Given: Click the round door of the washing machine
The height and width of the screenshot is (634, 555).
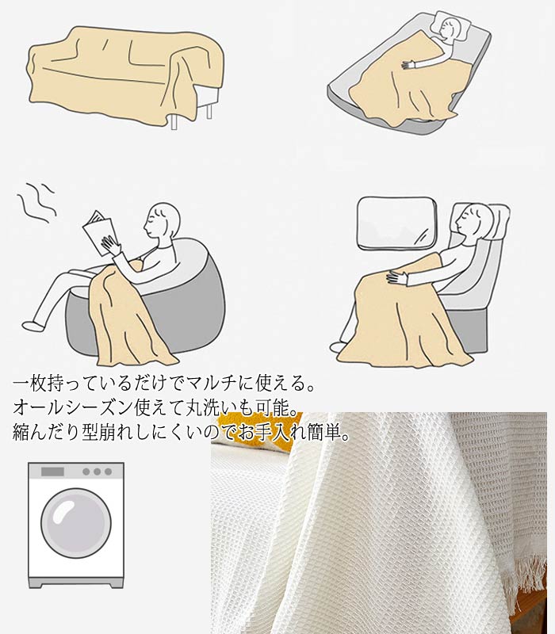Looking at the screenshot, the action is point(75,523).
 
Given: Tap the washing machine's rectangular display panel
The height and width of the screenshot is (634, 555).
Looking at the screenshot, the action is point(52,472).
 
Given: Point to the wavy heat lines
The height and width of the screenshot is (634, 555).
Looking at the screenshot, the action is point(36,202).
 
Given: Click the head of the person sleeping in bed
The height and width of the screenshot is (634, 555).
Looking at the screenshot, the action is point(448,29).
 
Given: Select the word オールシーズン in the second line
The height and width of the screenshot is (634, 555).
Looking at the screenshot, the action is point(74,408).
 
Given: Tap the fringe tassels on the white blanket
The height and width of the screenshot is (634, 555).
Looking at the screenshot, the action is point(530,582).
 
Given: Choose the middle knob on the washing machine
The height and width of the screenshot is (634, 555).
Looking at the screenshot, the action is point(97,472).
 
